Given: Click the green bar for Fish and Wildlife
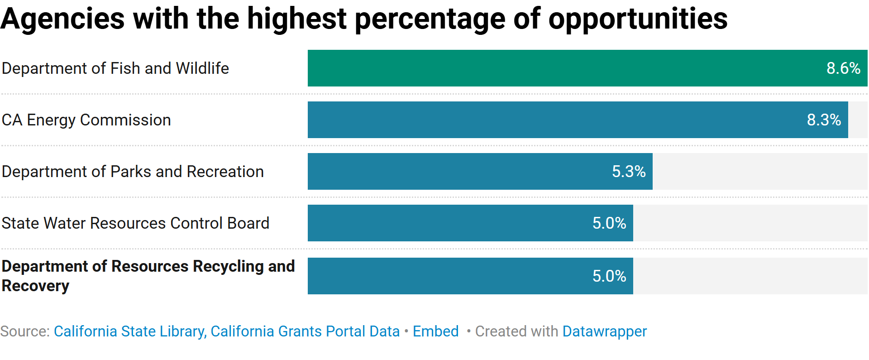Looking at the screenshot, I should point(566,68).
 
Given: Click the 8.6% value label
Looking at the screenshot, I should point(843,68).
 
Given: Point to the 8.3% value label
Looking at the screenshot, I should point(824,120).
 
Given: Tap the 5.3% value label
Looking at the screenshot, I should point(629,171).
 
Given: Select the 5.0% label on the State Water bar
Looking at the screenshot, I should point(609,223).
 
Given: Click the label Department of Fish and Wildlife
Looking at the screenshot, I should point(115,68).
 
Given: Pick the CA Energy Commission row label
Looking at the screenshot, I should point(86,120).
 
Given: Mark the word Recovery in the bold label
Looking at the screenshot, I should point(35,286).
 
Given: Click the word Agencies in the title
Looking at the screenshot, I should point(62,19).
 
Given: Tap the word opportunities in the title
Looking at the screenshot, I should point(637,19).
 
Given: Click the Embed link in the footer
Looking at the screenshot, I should point(435,331).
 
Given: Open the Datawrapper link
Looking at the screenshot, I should point(604,331).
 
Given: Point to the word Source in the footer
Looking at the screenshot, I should point(24,331).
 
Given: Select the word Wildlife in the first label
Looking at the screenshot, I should point(202,68).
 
